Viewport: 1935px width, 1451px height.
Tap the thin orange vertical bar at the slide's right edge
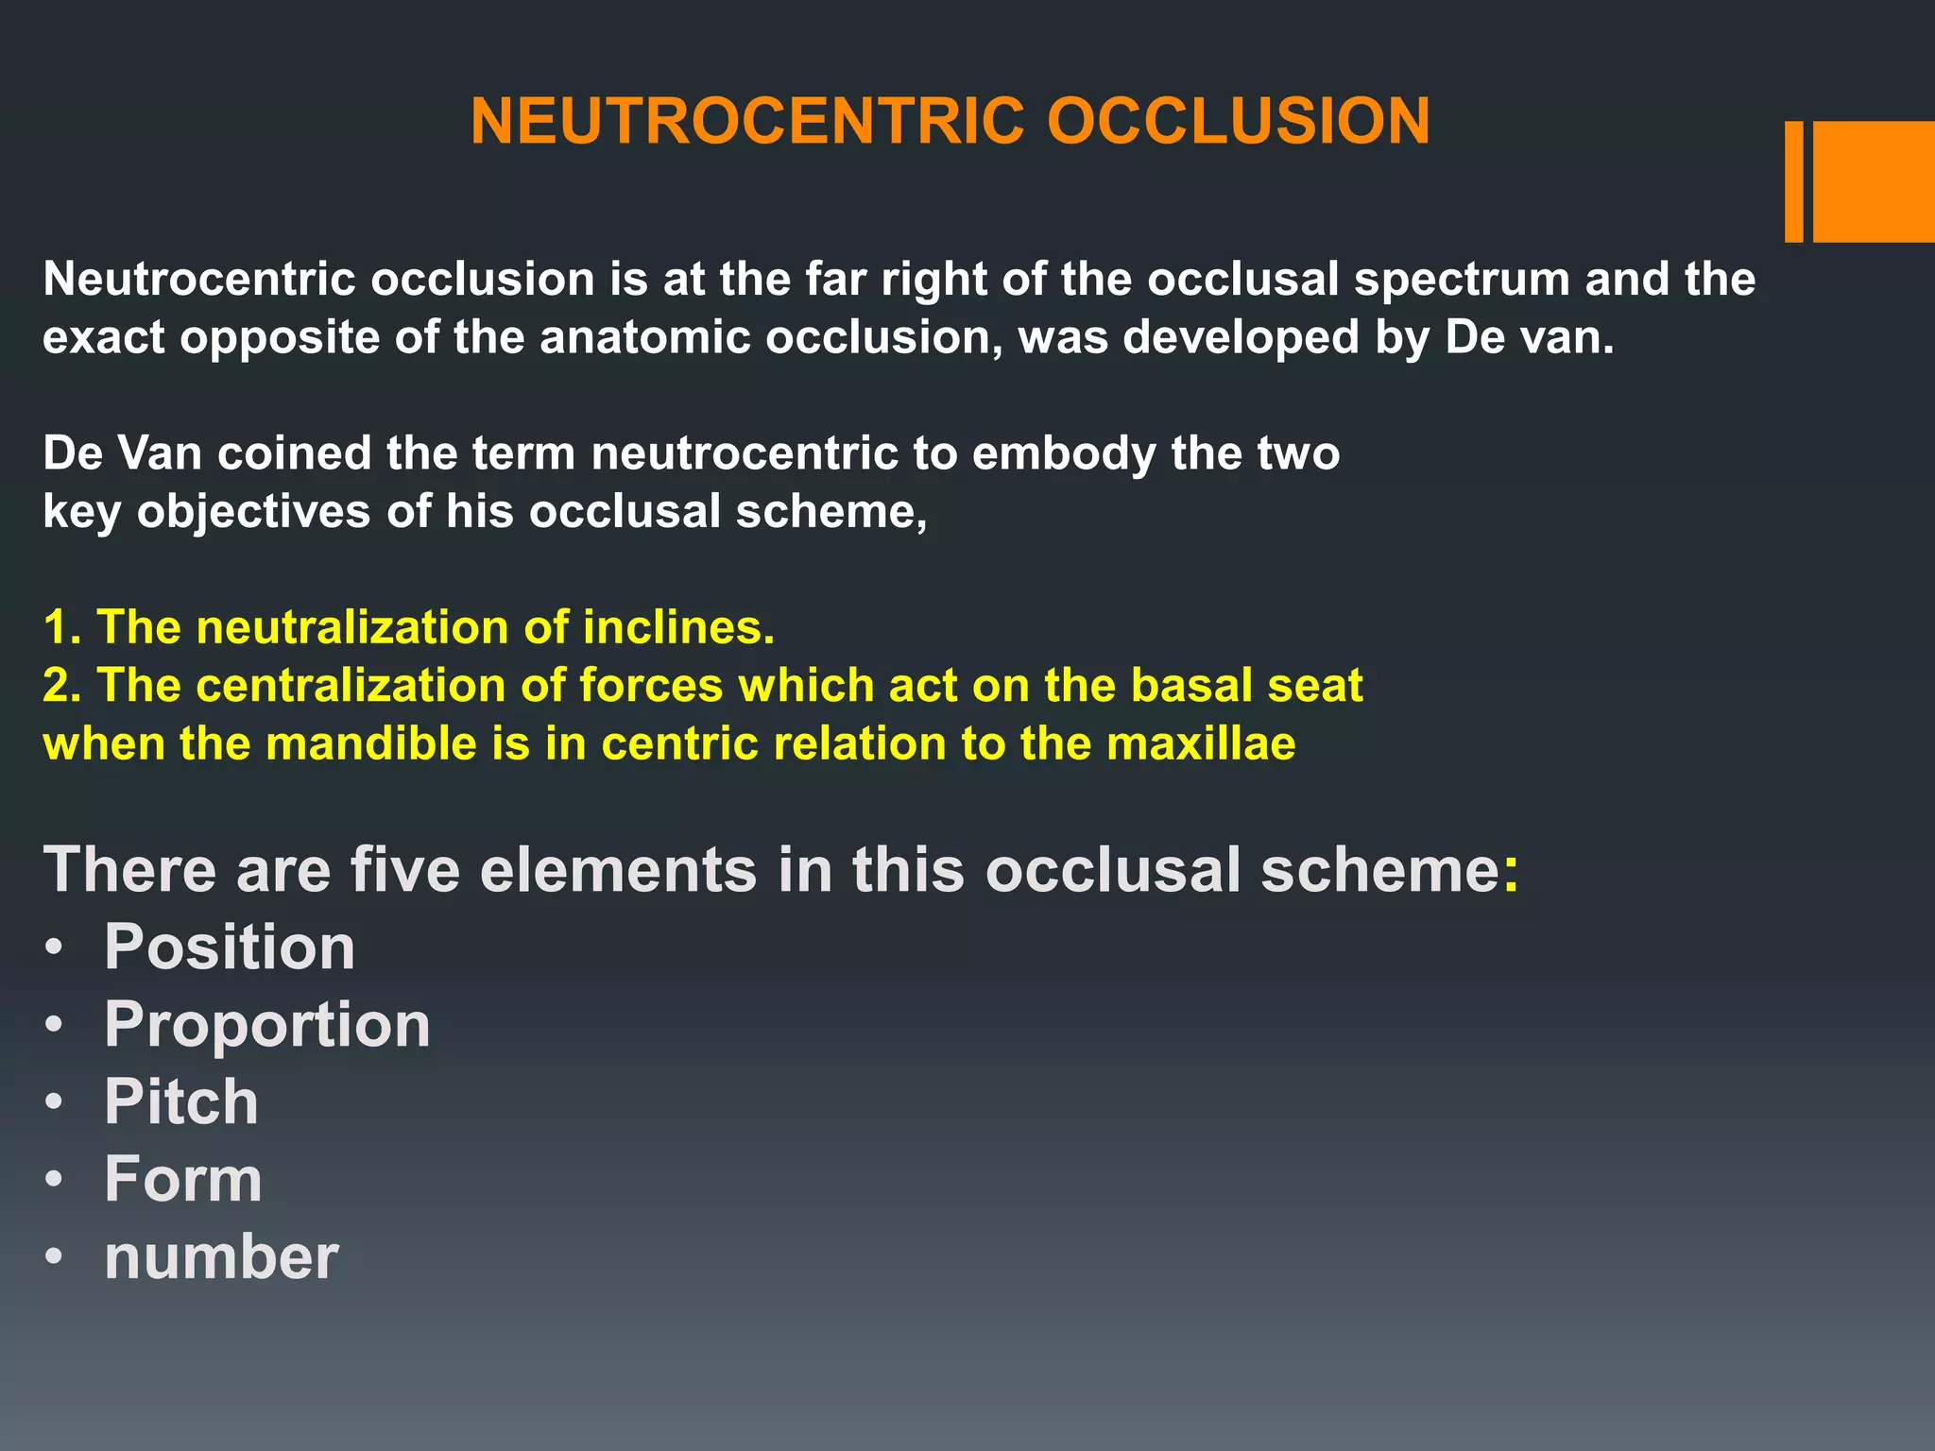[x=1793, y=181]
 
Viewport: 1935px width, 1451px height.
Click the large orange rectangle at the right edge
[x=1874, y=181]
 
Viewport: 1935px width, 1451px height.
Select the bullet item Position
[x=230, y=947]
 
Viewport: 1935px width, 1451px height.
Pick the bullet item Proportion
[x=267, y=1024]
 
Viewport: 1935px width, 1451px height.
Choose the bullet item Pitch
[x=181, y=1101]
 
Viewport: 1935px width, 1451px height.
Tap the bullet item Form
[x=183, y=1179]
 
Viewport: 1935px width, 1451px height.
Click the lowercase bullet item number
[x=221, y=1257]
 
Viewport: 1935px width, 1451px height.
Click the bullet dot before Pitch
[x=56, y=1102]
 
